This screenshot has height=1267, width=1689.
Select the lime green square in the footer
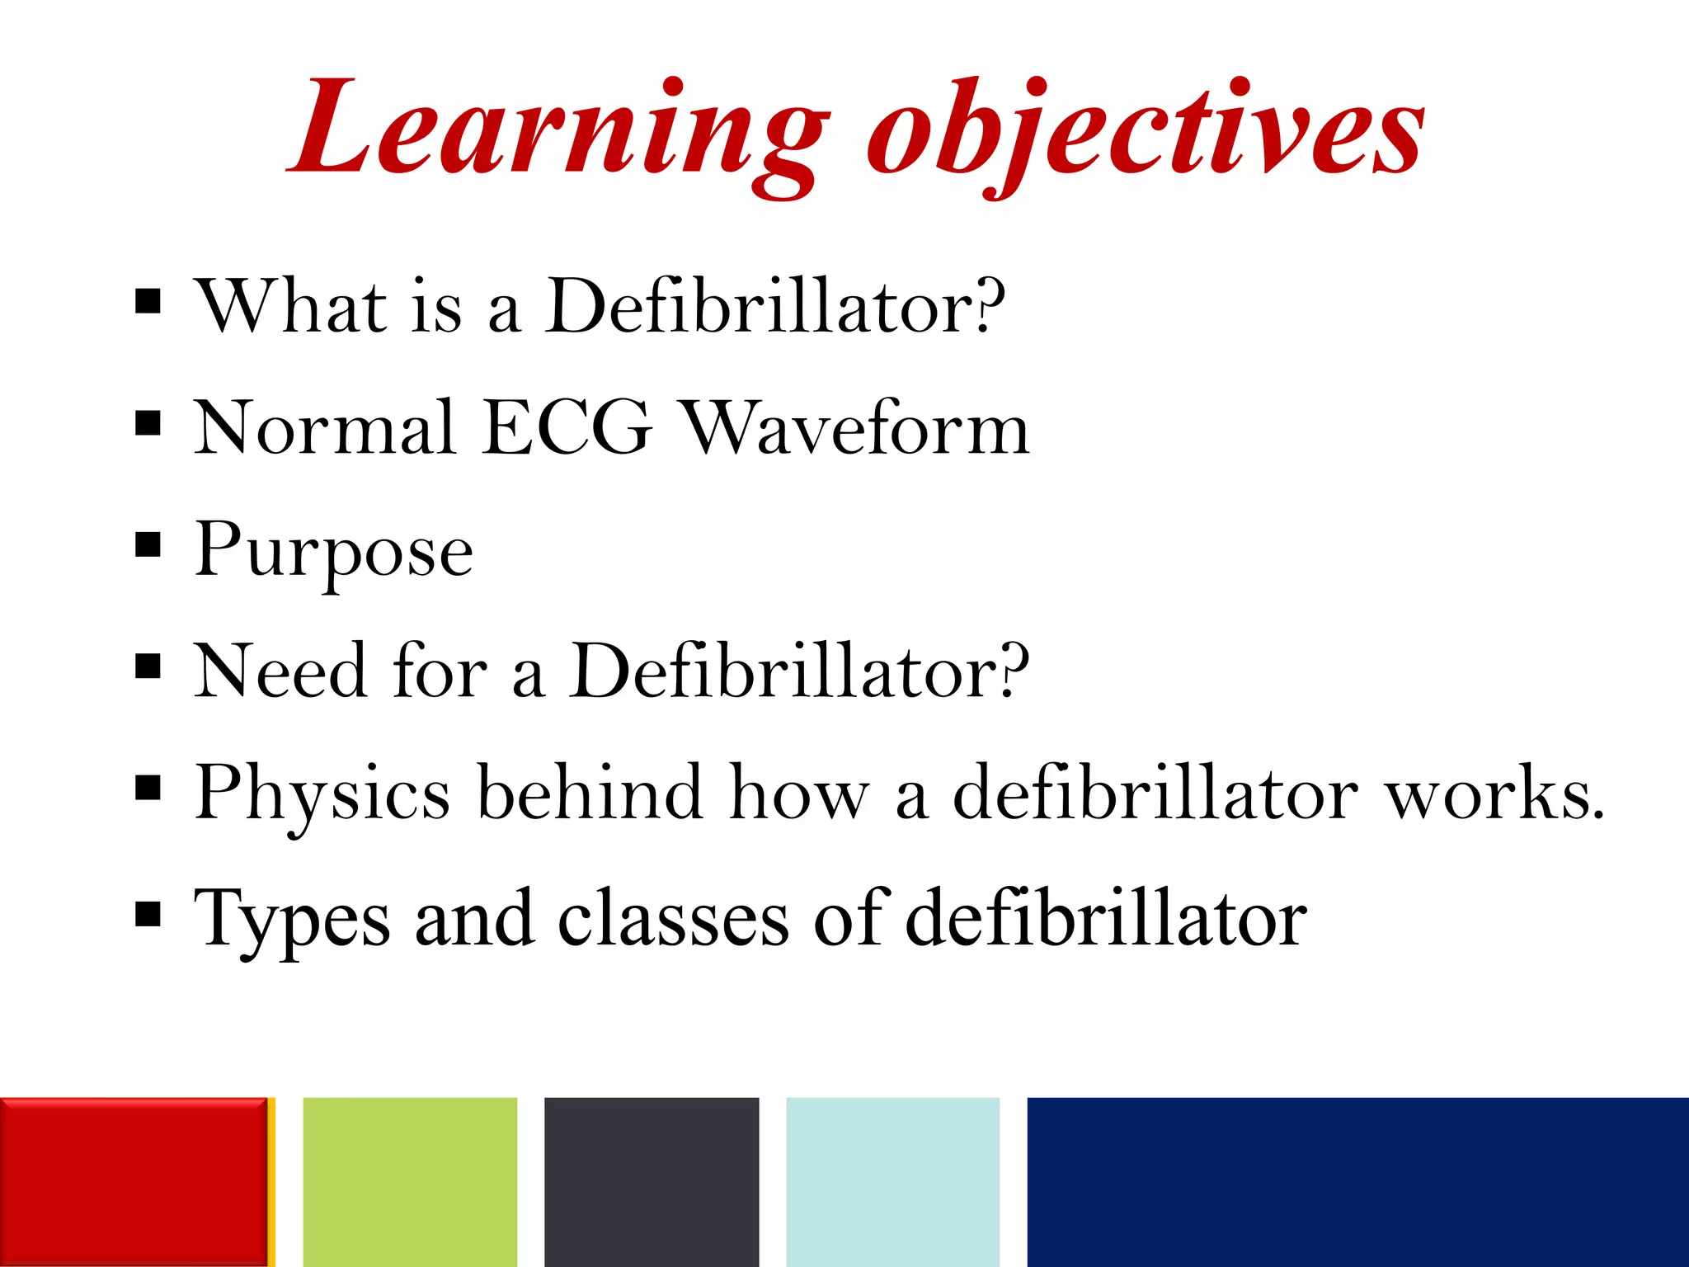click(x=410, y=1181)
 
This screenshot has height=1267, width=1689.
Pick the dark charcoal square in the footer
click(x=652, y=1181)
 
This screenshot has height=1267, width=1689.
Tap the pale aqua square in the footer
click(x=893, y=1181)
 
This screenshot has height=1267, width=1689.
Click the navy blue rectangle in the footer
click(x=1357, y=1181)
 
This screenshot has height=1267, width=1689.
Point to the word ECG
click(x=567, y=428)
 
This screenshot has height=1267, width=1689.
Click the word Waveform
click(x=858, y=428)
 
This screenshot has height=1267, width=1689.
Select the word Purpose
click(x=334, y=551)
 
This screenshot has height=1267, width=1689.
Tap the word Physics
click(x=322, y=794)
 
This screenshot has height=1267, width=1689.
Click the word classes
click(x=673, y=918)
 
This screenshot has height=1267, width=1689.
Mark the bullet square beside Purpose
click(x=148, y=544)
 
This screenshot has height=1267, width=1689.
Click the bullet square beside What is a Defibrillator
click(x=148, y=301)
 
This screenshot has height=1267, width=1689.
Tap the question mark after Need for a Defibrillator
click(x=1012, y=669)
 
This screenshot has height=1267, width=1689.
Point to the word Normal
click(x=324, y=428)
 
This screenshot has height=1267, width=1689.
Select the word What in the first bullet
click(x=290, y=306)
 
